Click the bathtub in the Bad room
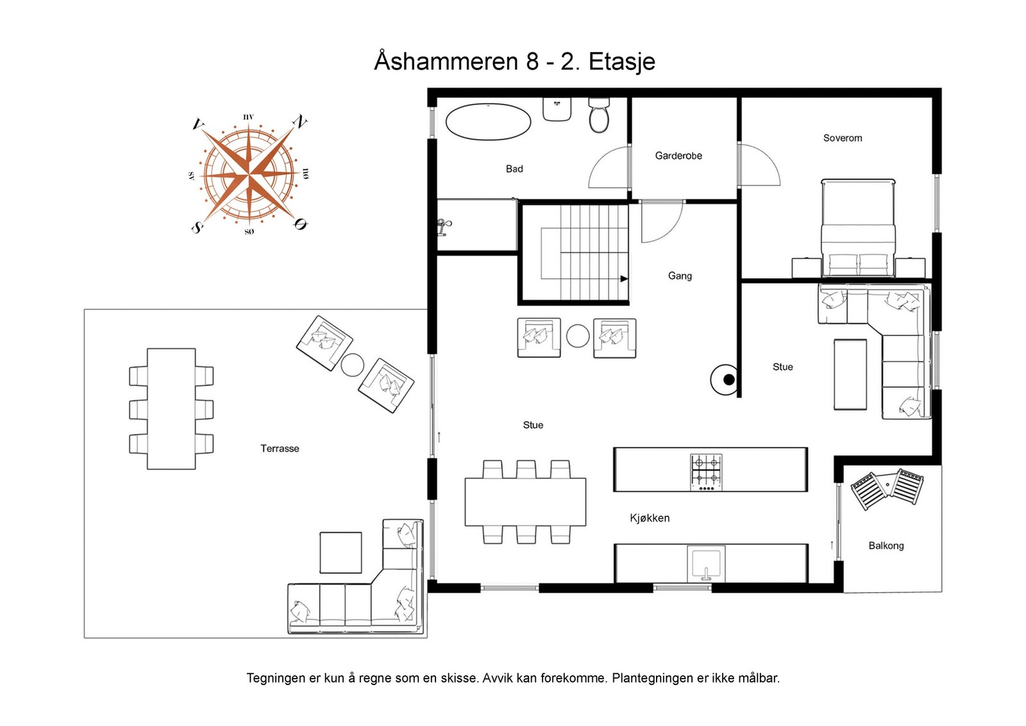click(488, 122)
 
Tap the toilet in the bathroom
click(599, 115)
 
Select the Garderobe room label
click(678, 156)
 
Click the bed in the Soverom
click(858, 228)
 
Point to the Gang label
click(680, 276)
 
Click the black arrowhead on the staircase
click(624, 278)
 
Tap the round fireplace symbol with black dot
click(724, 379)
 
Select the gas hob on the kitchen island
click(706, 472)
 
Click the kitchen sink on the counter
click(706, 564)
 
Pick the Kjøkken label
click(650, 518)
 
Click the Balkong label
click(886, 546)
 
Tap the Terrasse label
click(280, 448)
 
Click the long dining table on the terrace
click(171, 409)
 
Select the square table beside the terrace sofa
click(341, 552)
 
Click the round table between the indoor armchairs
click(578, 336)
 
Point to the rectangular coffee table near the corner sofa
click(850, 374)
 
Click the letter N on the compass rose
click(299, 122)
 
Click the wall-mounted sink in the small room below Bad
click(443, 227)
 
